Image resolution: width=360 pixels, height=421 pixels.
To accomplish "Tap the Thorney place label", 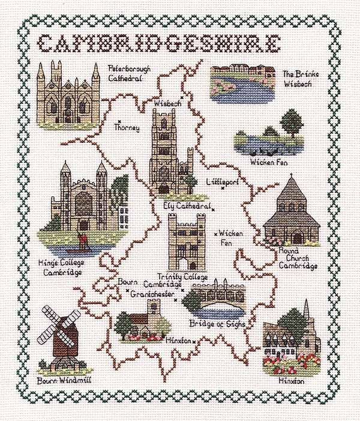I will coord(127,128).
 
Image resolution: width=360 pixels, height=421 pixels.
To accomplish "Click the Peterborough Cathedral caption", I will coord(127,73).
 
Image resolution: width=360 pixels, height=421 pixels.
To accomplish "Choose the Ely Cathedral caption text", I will coord(187,206).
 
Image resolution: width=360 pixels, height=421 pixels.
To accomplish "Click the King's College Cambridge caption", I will coord(62,268).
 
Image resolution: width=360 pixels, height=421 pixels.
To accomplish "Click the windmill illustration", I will coord(61,336).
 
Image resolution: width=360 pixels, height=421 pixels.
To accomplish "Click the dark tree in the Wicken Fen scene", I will coord(292,124).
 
